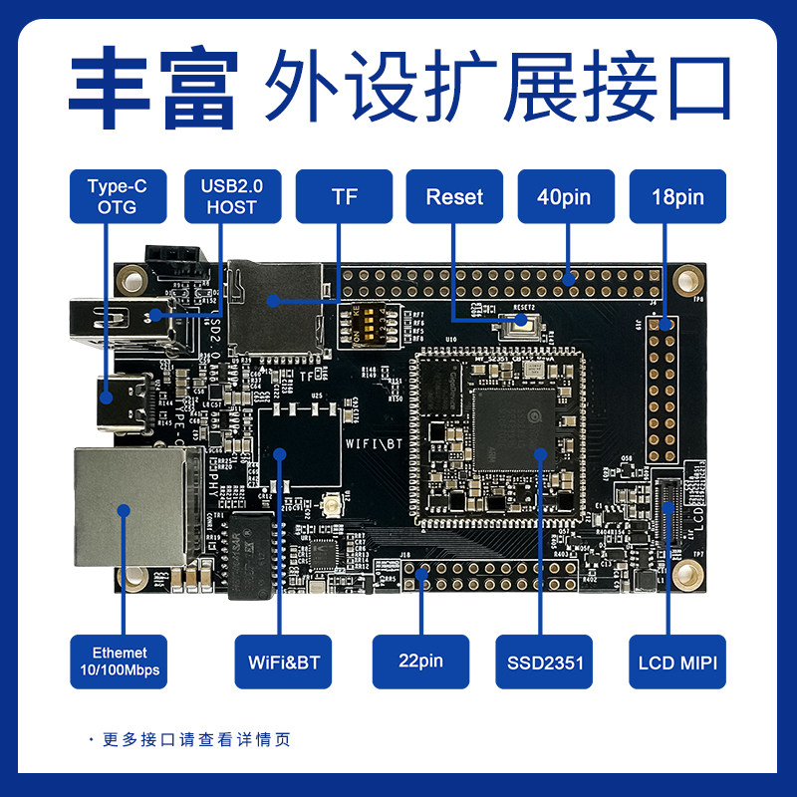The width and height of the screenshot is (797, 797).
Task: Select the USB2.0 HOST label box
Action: point(230,196)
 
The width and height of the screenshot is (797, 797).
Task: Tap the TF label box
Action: point(344,196)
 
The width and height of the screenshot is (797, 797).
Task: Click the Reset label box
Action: point(454,196)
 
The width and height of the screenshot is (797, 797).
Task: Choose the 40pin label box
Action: point(565,196)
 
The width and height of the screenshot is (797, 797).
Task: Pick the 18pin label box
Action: point(677,196)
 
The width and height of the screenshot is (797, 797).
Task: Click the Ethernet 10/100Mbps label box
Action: point(119,661)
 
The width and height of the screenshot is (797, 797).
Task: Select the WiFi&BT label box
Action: point(283,661)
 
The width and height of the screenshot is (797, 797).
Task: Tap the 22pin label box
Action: point(420,661)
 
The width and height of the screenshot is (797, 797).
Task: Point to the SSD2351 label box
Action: point(544,661)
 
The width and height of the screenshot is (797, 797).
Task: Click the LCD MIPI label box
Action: point(677,661)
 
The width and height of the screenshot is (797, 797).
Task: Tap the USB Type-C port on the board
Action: point(126,400)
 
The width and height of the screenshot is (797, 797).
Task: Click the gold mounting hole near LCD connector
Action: point(685,575)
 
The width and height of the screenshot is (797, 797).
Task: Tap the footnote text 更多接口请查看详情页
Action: point(199,739)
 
